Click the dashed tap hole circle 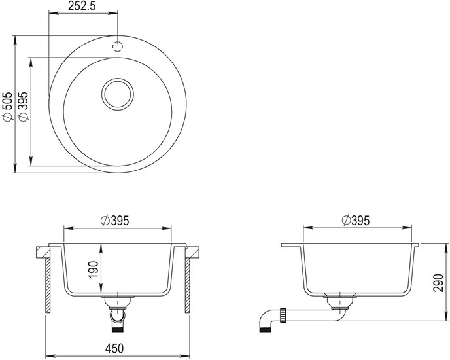[118, 46]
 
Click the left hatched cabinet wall [48, 285]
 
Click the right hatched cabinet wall [188, 285]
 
